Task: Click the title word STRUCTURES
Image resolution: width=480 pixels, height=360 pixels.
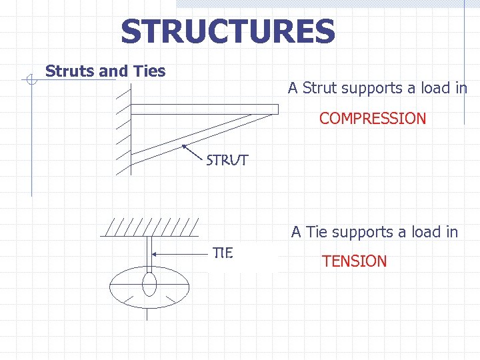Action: [227, 32]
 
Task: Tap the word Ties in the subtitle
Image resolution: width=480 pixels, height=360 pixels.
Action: [149, 71]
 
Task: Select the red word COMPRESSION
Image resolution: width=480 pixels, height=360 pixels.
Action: [372, 119]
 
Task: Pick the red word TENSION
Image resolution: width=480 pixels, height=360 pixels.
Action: [354, 261]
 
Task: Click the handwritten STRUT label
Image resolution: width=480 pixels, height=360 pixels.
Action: [227, 161]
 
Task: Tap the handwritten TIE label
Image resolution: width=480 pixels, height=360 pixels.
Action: [222, 253]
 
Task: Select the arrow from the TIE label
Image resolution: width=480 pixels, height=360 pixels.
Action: [180, 253]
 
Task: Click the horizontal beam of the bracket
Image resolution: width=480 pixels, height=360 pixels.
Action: [203, 109]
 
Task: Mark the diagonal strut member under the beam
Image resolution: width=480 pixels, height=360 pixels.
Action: [193, 137]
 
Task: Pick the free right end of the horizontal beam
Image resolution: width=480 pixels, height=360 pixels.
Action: [274, 109]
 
